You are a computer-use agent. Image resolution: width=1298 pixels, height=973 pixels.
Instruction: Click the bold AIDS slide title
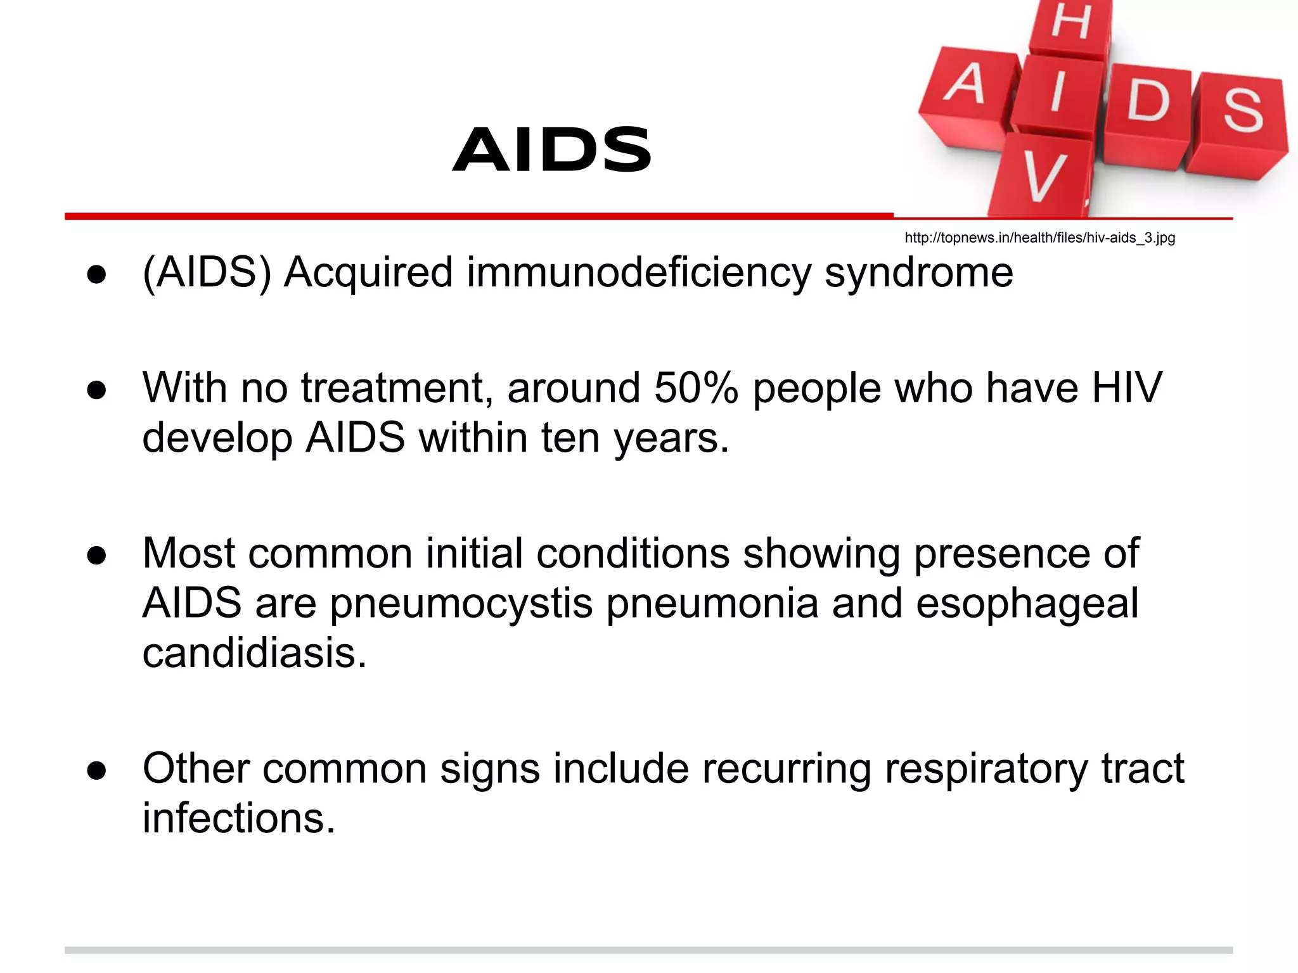point(552,149)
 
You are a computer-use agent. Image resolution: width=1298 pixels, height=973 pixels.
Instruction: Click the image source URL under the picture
point(1039,238)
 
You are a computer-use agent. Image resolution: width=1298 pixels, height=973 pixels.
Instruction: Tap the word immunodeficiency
point(639,274)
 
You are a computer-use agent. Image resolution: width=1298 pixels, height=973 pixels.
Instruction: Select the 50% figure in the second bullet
point(696,388)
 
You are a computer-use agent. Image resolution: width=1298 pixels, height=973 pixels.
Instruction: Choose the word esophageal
point(1027,604)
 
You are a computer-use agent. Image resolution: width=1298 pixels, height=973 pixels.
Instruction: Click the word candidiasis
point(254,653)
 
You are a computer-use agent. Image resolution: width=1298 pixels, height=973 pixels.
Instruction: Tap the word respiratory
point(986,769)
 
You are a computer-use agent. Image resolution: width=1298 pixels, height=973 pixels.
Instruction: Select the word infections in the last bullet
point(238,818)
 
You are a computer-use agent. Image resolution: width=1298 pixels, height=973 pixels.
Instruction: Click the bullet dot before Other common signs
point(96,771)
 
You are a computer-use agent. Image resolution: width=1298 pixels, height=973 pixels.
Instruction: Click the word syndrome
point(918,274)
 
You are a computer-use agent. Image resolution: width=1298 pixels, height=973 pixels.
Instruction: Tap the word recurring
point(786,769)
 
